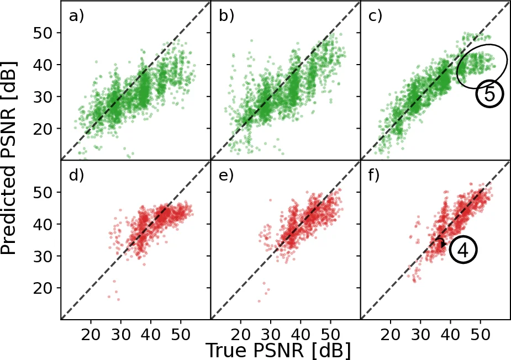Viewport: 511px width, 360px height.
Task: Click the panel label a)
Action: point(76,17)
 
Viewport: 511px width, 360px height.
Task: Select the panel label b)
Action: point(226,17)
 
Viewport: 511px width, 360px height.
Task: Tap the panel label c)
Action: point(376,17)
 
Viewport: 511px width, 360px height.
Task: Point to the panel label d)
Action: point(76,177)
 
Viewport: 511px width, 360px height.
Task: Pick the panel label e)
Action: point(226,177)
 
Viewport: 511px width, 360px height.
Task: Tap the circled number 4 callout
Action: point(463,250)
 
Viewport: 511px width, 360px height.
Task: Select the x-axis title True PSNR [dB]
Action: point(278,350)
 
